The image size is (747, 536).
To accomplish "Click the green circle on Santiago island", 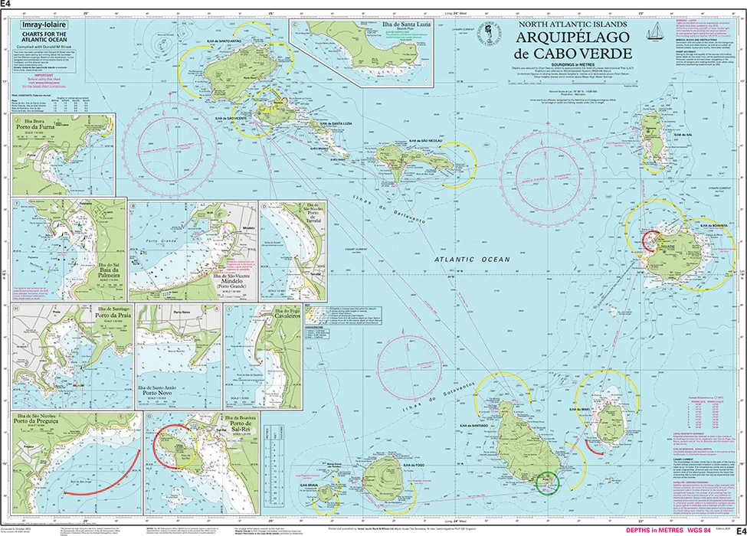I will [548, 482].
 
